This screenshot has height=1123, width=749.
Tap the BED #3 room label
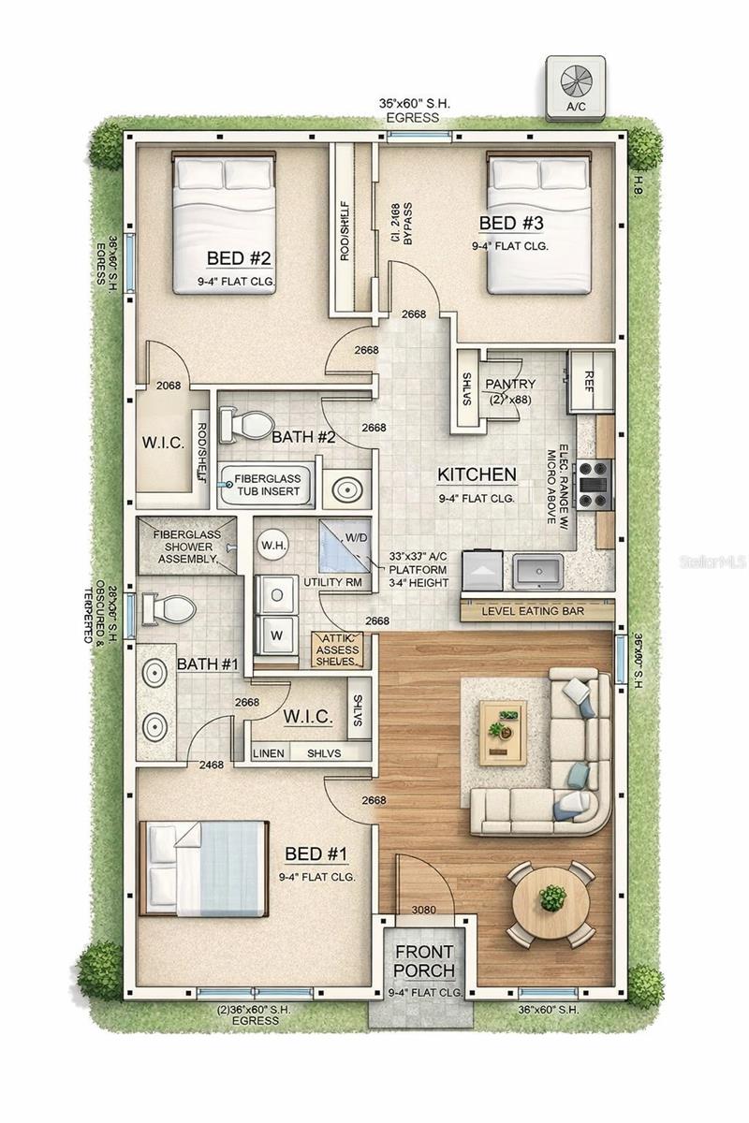point(510,224)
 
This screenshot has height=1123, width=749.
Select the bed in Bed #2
point(224,224)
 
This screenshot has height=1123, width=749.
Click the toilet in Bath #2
point(243,425)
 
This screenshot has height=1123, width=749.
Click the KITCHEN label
point(477,475)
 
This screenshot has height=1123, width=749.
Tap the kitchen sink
point(536,570)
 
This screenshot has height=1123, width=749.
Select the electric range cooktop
point(593,483)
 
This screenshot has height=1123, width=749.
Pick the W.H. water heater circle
point(272,544)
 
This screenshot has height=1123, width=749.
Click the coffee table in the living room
point(503,731)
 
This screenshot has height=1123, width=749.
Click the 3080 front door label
point(425,909)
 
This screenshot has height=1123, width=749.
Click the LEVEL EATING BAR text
point(533,611)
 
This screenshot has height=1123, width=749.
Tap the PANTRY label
point(510,385)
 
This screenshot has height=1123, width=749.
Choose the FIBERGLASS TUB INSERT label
point(267,485)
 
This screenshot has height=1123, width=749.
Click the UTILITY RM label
point(333,582)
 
